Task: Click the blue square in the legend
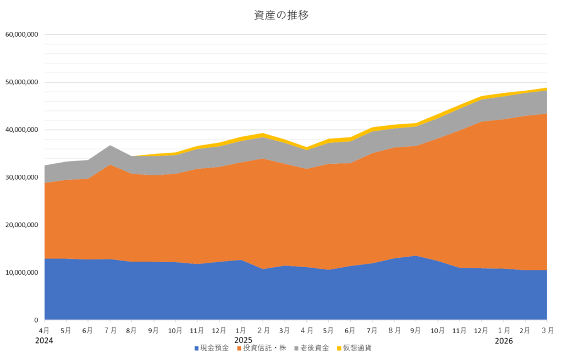click(x=196, y=348)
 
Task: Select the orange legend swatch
click(x=239, y=348)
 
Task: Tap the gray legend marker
click(x=296, y=348)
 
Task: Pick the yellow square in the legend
click(x=339, y=348)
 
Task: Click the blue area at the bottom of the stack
click(x=275, y=294)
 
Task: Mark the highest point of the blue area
click(x=416, y=256)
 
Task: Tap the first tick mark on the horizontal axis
click(x=45, y=321)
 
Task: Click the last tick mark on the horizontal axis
click(x=547, y=321)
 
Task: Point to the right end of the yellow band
click(x=546, y=89)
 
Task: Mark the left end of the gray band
click(x=46, y=174)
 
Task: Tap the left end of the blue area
click(x=46, y=289)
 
